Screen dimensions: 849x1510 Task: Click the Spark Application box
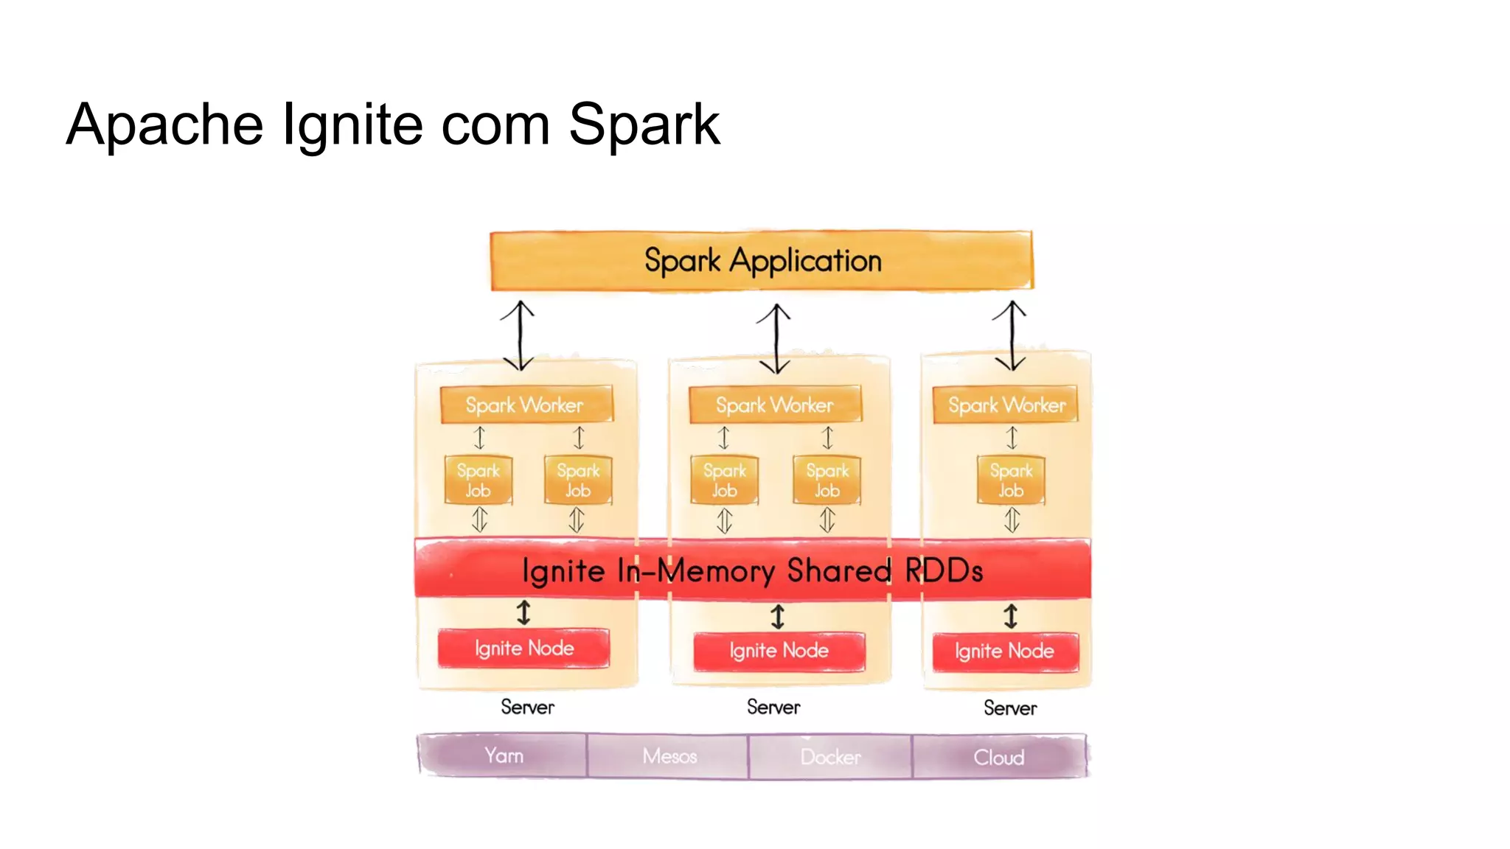point(762,261)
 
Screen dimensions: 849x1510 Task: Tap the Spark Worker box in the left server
point(525,405)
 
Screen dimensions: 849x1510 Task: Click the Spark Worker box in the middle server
point(774,405)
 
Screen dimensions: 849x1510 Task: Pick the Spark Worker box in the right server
point(1006,405)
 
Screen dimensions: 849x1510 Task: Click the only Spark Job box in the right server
point(1011,480)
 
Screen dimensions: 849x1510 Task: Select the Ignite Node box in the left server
point(523,649)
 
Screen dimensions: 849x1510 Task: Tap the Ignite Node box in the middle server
point(779,651)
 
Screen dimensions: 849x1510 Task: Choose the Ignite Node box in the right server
point(1004,651)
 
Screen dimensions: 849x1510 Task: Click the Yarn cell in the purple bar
point(504,755)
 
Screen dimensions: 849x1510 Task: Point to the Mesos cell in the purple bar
point(669,756)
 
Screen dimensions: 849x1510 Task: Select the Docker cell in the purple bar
point(830,757)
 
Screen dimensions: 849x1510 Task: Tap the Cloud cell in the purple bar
point(998,757)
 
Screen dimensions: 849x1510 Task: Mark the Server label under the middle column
point(773,707)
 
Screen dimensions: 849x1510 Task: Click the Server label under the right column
point(1010,708)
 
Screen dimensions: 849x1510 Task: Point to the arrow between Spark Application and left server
point(519,335)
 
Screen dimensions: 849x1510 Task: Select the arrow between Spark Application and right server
point(1011,335)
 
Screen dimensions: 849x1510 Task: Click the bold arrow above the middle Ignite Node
point(778,617)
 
